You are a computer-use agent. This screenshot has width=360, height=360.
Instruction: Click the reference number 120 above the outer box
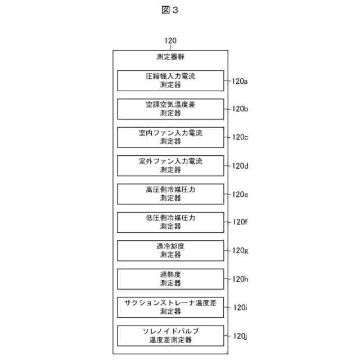tap(170, 41)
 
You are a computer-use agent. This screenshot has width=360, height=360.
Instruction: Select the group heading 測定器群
tap(170, 57)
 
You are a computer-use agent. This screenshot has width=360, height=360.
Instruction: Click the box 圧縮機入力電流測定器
tap(170, 80)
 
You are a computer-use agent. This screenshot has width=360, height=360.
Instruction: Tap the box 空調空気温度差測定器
tap(170, 109)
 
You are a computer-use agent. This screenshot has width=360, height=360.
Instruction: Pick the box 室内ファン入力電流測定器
tap(170, 137)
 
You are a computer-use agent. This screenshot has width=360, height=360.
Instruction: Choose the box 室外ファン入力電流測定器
tap(170, 165)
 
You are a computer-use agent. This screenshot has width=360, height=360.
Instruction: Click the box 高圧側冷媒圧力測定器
tap(170, 194)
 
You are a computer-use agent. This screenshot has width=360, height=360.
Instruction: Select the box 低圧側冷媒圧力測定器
tap(170, 222)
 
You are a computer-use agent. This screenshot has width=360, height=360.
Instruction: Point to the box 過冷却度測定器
tap(170, 251)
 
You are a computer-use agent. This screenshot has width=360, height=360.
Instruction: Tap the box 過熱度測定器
tap(170, 279)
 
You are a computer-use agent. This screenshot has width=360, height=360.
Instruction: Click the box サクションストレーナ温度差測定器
tap(170, 307)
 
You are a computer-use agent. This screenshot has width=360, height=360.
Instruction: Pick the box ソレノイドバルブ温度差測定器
tap(170, 336)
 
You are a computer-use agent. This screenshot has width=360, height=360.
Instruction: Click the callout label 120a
tap(240, 81)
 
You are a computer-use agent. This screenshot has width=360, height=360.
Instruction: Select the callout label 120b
tap(240, 109)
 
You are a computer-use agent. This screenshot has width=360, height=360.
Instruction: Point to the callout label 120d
tap(240, 166)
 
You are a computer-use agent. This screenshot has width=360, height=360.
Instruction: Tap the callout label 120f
tap(239, 222)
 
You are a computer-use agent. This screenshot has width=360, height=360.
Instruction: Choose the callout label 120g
tap(240, 251)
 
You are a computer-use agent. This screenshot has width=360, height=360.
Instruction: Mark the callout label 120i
tap(240, 307)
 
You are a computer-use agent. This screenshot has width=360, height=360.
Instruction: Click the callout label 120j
tap(240, 336)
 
